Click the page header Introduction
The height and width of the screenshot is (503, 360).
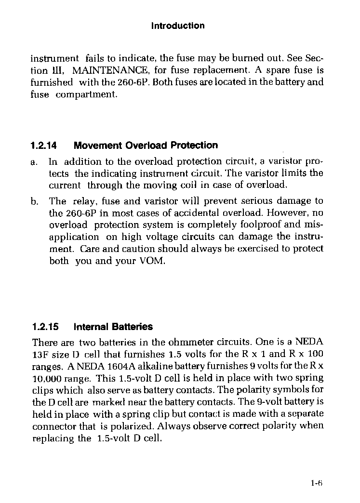click(178, 26)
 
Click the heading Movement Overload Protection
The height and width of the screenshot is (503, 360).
click(146, 146)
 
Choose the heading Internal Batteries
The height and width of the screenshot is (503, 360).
click(113, 327)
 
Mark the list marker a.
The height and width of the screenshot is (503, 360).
click(34, 162)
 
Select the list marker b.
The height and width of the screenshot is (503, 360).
click(34, 201)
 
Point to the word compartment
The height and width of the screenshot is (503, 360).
click(86, 94)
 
